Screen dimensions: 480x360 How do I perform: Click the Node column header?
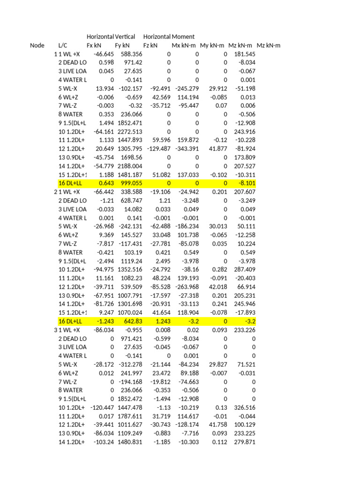point(37,45)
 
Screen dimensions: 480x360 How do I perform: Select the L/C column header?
point(63,45)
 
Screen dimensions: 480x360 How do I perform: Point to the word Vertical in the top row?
point(123,37)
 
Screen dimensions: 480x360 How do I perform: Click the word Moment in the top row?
point(183,37)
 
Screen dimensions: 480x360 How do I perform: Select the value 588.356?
point(131,54)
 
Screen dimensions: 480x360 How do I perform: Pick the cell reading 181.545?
point(244,54)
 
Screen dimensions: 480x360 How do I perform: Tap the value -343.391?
point(187,149)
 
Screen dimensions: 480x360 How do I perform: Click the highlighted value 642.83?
point(133,322)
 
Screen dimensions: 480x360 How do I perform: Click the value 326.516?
point(244,408)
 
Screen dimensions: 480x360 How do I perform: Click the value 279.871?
point(244,442)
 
